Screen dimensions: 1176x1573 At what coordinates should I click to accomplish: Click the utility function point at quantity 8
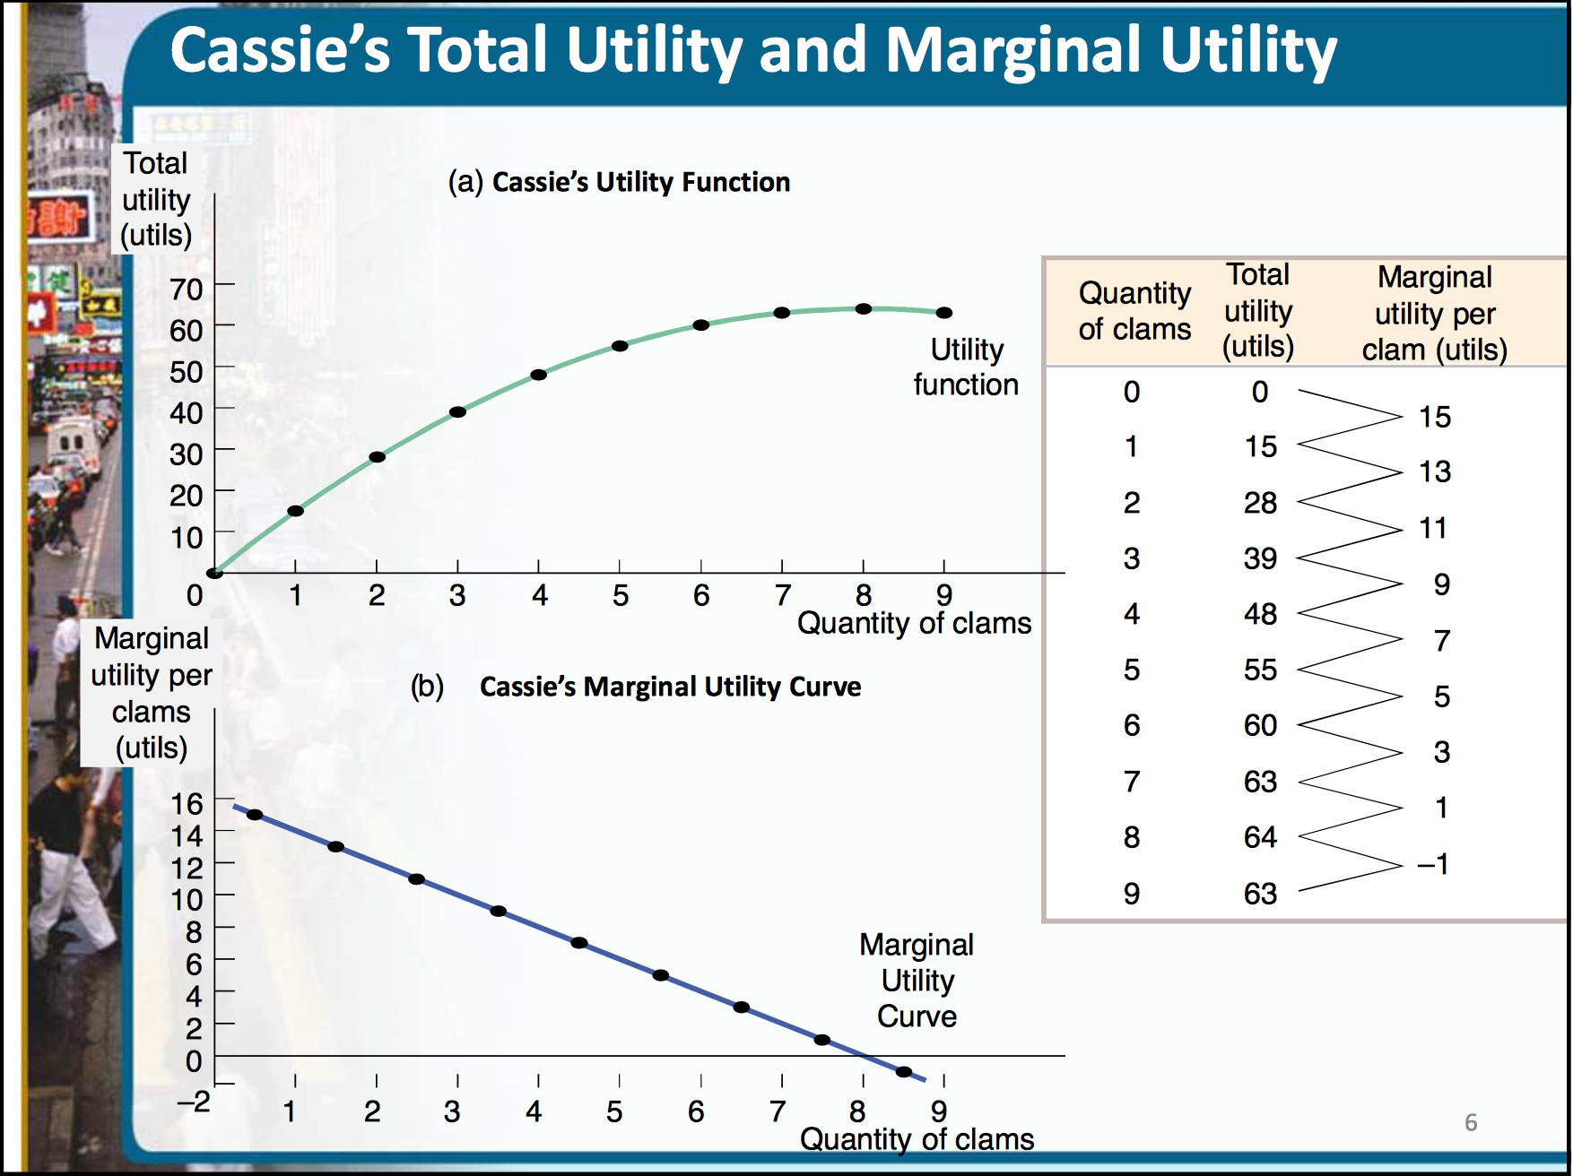[863, 308]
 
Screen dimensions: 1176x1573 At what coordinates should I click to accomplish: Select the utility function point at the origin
[214, 573]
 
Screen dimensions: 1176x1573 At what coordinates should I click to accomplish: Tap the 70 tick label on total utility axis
[187, 290]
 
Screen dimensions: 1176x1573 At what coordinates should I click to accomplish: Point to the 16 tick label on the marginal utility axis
[187, 804]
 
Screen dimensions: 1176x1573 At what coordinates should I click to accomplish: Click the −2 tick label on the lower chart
[193, 1101]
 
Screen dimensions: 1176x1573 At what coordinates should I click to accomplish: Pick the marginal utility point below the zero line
[903, 1072]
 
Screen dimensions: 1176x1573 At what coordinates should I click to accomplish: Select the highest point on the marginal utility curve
[255, 815]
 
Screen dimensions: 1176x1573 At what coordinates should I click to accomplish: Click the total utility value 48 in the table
[1259, 614]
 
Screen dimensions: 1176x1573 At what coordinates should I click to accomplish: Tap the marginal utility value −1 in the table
[1432, 864]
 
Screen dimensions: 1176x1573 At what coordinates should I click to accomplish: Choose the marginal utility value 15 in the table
[1434, 417]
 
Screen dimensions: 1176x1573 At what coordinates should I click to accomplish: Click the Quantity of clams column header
[1134, 311]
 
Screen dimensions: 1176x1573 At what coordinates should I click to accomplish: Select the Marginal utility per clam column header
[1434, 313]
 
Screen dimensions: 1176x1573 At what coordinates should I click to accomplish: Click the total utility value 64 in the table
[1259, 837]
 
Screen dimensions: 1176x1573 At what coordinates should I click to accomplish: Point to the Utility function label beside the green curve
[966, 367]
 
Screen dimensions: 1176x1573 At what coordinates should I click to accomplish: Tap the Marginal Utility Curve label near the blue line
[916, 981]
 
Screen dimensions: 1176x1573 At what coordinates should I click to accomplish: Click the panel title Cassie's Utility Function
[640, 182]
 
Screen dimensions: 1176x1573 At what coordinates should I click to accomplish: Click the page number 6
[1471, 1122]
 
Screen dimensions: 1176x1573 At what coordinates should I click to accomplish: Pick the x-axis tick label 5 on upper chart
[620, 596]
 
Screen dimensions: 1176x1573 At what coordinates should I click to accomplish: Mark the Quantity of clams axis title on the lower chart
[917, 1139]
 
